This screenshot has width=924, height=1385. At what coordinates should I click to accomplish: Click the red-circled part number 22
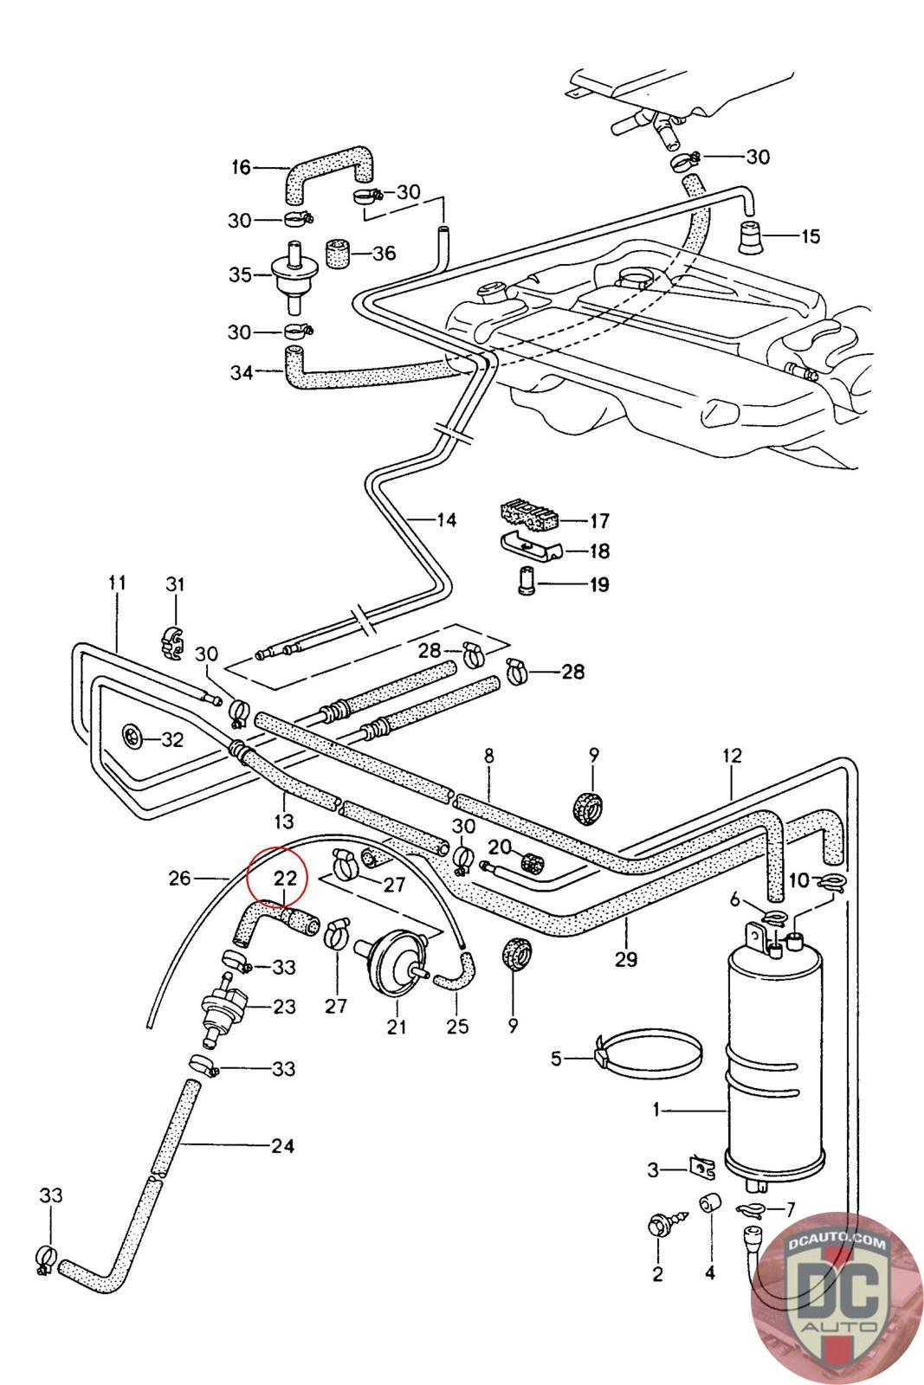pyautogui.click(x=285, y=878)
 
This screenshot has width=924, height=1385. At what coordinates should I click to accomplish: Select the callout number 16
pyautogui.click(x=241, y=167)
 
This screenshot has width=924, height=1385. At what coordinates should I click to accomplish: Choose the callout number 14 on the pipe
pyautogui.click(x=445, y=520)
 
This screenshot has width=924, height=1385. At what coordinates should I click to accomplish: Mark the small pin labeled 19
pyautogui.click(x=526, y=583)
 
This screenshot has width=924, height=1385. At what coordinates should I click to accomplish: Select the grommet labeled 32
pyautogui.click(x=132, y=738)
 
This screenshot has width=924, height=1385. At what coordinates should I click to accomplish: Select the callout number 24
pyautogui.click(x=282, y=1146)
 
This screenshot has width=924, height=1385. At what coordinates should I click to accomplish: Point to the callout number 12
pyautogui.click(x=732, y=756)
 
